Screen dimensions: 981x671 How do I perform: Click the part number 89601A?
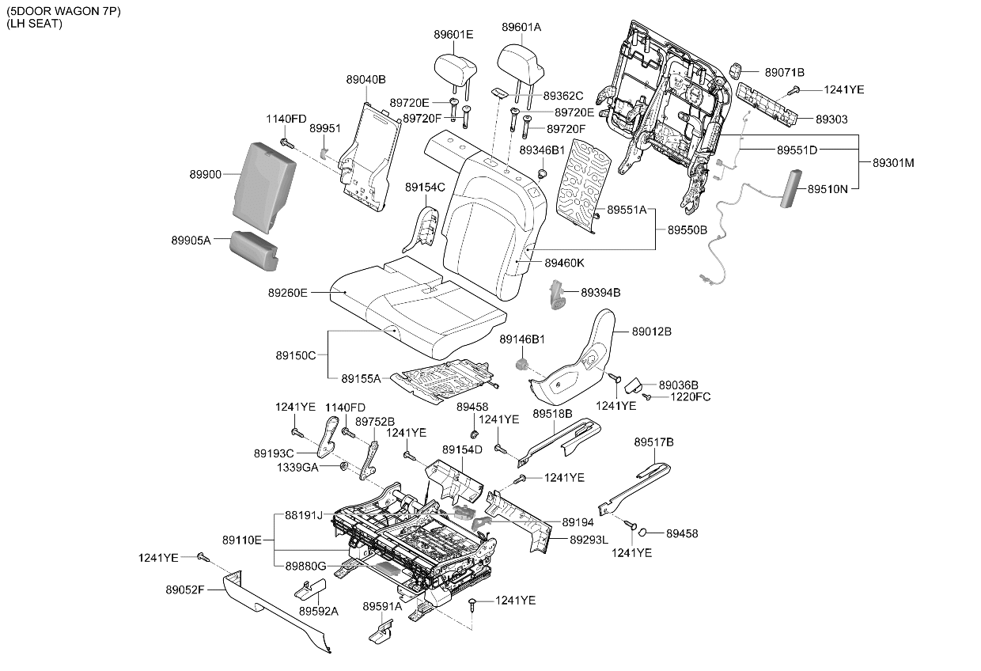point(521,27)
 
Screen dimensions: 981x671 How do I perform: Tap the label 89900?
point(206,174)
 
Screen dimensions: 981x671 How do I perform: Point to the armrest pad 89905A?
point(254,250)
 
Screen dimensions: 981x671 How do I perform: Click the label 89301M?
point(893,163)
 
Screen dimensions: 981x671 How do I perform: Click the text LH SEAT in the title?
point(35,24)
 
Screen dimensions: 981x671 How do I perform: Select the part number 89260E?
point(288,293)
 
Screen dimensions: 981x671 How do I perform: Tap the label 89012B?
point(652,332)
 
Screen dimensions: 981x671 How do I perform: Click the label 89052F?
point(185,590)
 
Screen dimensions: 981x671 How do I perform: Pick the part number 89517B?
point(653,442)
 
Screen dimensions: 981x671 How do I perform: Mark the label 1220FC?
point(691,396)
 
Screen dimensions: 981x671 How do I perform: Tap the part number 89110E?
point(242,540)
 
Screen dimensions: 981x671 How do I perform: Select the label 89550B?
point(687,230)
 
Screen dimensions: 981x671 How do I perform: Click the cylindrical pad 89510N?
point(791,189)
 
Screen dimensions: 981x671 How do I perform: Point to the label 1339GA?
point(297,468)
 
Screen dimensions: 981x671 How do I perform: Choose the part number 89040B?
point(366,80)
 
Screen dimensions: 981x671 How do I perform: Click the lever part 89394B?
point(557,295)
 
